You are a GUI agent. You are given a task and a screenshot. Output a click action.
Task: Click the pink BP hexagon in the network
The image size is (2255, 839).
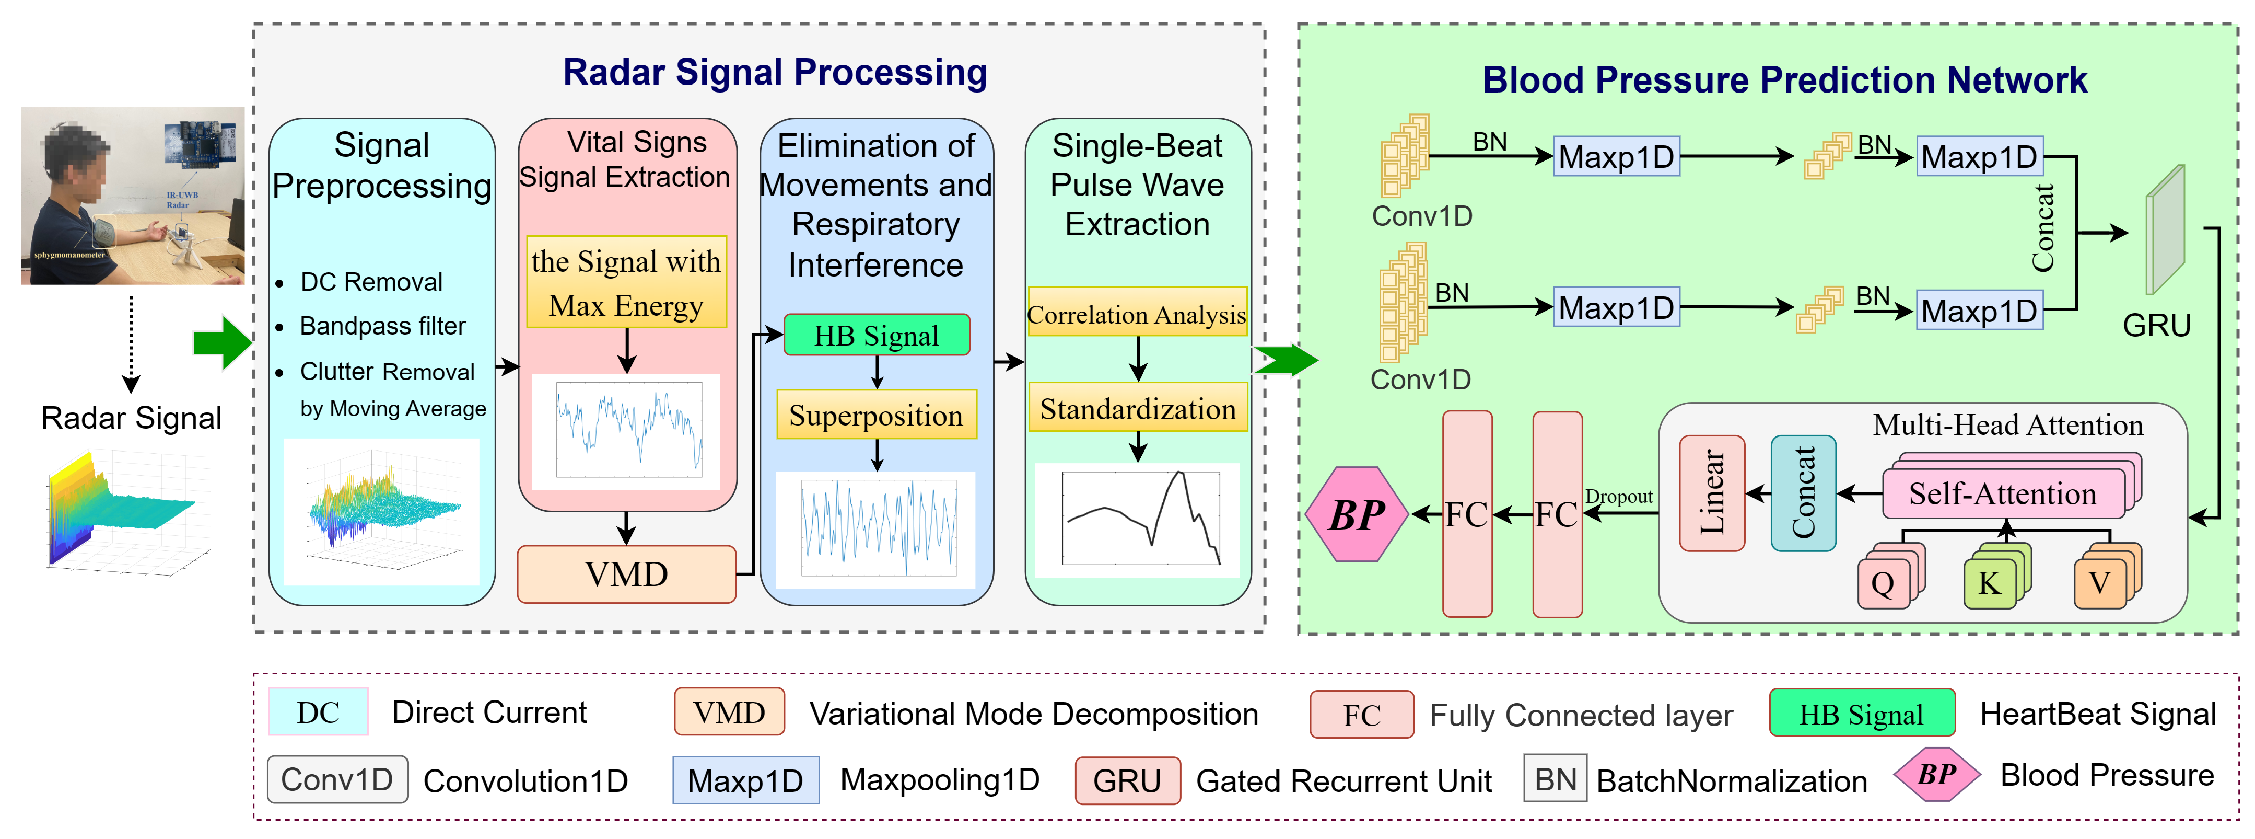(x=1356, y=514)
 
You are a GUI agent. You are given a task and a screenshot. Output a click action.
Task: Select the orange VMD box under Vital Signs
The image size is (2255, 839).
(x=626, y=574)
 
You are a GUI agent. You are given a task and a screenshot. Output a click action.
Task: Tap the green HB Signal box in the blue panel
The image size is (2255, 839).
(x=877, y=336)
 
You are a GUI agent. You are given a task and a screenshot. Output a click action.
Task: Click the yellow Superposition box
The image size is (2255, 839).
(x=877, y=415)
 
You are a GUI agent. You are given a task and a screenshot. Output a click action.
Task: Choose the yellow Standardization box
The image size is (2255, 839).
(x=1137, y=409)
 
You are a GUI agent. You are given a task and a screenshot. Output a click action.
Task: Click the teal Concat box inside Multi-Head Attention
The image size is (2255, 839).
(x=1803, y=493)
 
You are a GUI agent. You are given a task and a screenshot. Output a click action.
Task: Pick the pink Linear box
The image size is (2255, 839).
(x=1711, y=493)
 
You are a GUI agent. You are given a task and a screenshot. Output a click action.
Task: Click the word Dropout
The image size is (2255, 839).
(x=1619, y=497)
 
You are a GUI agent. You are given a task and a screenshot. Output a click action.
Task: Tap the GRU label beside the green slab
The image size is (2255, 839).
(x=2156, y=325)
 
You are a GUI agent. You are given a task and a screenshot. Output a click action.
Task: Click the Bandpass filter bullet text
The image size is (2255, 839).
(x=382, y=326)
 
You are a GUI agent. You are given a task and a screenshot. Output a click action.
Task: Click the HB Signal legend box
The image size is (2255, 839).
(x=1861, y=714)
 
